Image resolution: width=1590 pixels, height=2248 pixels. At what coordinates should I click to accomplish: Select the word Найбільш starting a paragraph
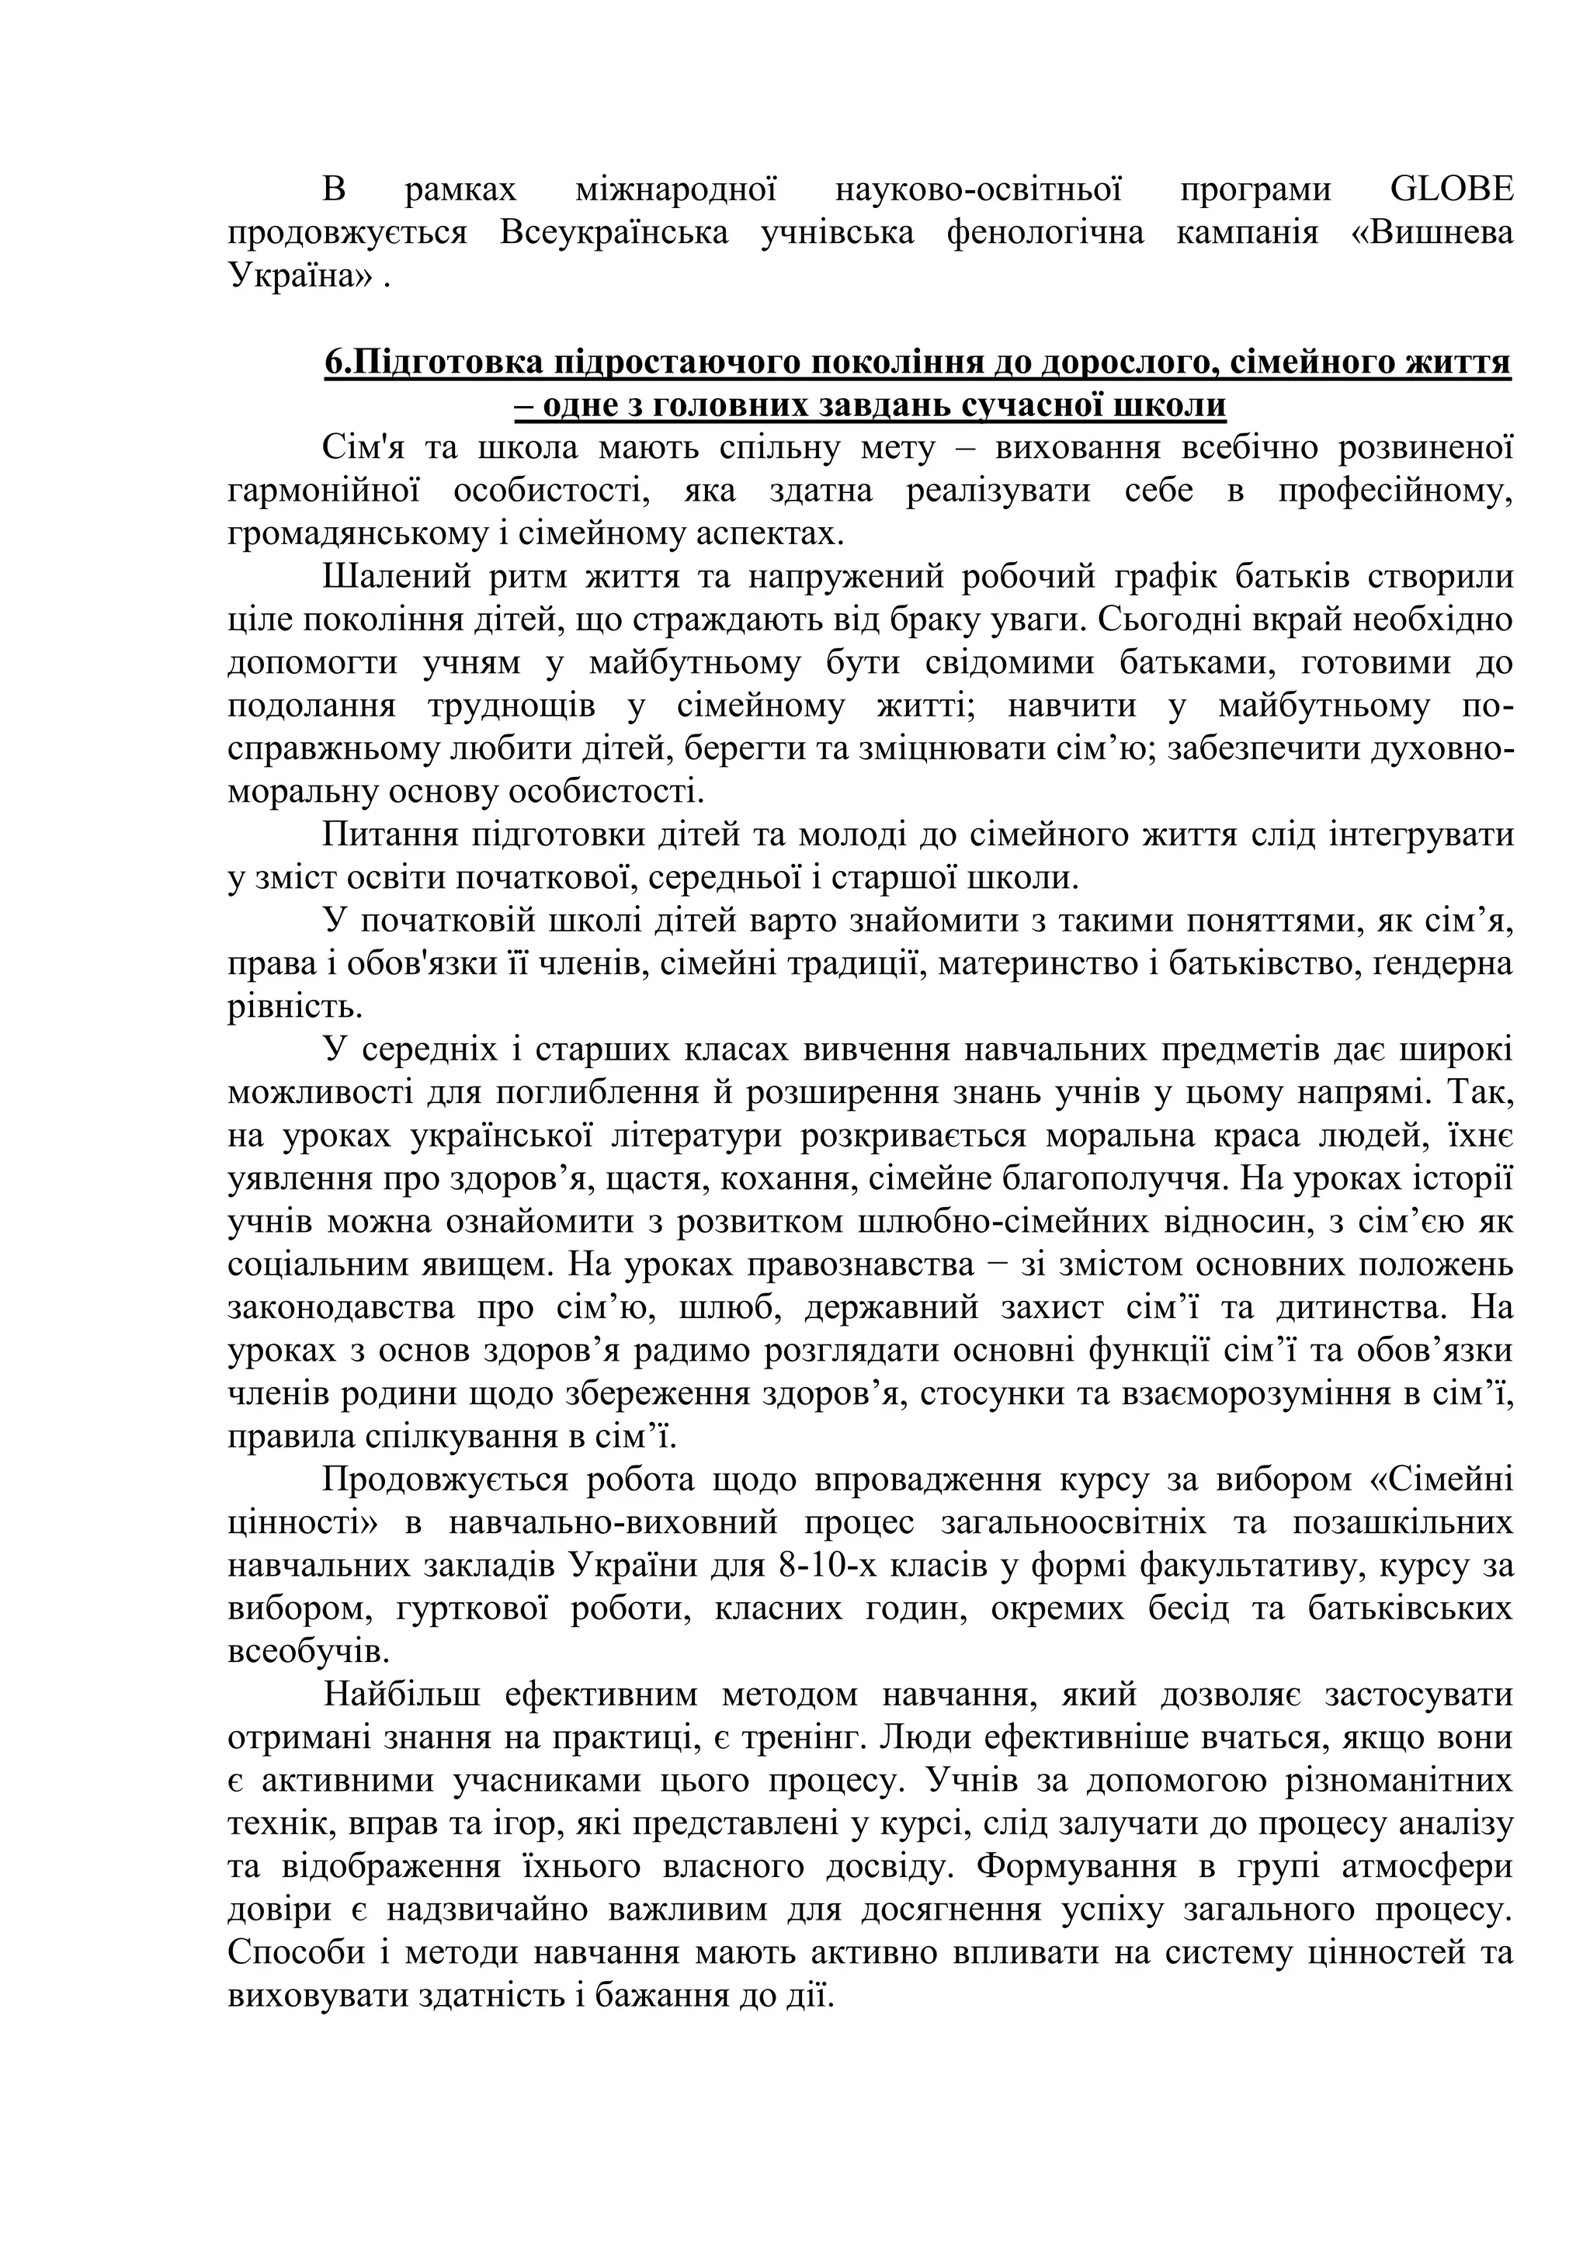pyautogui.click(x=401, y=1695)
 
